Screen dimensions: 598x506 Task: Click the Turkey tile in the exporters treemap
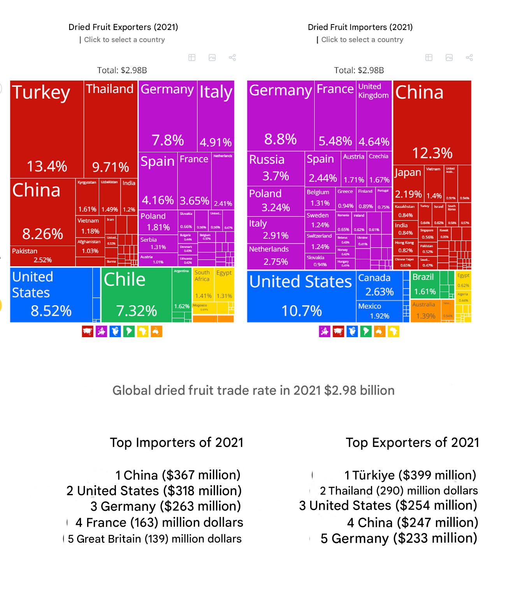click(x=47, y=128)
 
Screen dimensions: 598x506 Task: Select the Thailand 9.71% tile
click(x=111, y=128)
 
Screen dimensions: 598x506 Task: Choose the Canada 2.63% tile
click(x=379, y=285)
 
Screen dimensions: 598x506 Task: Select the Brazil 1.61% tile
click(x=424, y=285)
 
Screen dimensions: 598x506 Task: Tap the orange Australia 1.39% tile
click(x=425, y=311)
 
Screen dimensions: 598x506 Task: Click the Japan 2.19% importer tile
click(x=408, y=183)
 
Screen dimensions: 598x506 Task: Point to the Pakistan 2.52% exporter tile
click(x=42, y=256)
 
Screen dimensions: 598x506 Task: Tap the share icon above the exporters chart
click(x=232, y=58)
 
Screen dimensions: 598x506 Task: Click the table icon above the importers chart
click(x=429, y=58)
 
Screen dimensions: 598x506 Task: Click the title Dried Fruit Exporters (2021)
click(x=123, y=27)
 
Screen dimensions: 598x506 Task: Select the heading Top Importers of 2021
click(x=176, y=443)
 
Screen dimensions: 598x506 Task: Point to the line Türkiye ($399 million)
click(x=410, y=475)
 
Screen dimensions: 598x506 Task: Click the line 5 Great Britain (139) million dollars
click(x=155, y=539)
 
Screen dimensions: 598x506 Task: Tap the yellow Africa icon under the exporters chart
click(x=142, y=332)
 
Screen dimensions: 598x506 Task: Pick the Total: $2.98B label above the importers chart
click(x=359, y=70)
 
